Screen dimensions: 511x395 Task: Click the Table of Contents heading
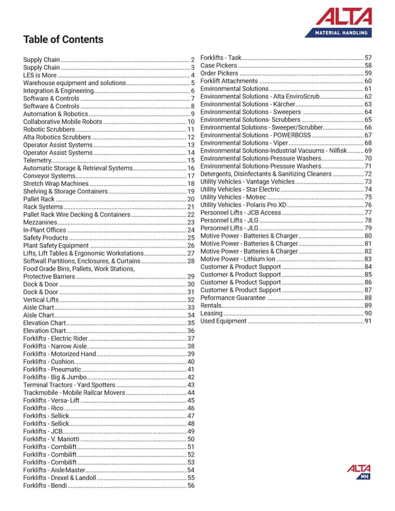[x=63, y=40]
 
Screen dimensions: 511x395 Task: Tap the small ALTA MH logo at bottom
[x=359, y=471]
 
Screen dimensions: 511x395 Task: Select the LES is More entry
[x=39, y=76]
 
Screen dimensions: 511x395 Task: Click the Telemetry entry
[x=37, y=161]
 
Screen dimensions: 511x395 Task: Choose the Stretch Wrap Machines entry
[x=55, y=184]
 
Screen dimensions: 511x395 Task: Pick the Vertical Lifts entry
[x=41, y=300]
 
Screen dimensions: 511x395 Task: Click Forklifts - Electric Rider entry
[x=55, y=338]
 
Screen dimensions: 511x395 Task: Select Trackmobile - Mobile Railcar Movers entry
[x=74, y=393]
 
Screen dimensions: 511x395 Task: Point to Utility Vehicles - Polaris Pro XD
[x=244, y=205]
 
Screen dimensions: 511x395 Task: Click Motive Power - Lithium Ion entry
[x=238, y=259]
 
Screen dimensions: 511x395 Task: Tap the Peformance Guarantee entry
[x=233, y=298]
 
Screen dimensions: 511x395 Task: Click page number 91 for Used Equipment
[x=368, y=321]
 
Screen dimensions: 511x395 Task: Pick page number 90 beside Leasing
[x=368, y=313]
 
